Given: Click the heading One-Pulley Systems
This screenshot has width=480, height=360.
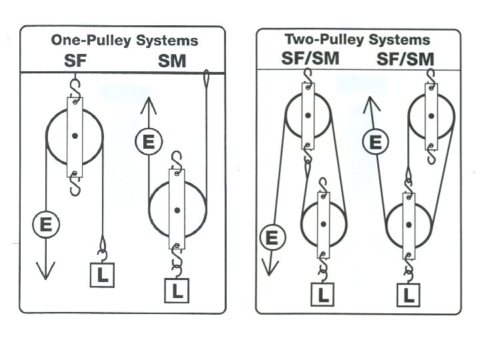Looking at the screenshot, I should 125,40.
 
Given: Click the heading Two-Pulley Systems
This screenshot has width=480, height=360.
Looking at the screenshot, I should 357,39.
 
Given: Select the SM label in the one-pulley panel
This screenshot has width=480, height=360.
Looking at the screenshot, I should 172,61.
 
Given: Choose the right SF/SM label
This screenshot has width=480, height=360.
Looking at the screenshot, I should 406,59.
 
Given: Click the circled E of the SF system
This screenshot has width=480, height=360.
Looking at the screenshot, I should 45,225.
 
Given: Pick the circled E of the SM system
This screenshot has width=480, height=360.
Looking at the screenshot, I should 148,142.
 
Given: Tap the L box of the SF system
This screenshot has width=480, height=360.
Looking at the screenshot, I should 102,275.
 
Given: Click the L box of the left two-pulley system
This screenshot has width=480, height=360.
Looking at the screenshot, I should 323,295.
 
